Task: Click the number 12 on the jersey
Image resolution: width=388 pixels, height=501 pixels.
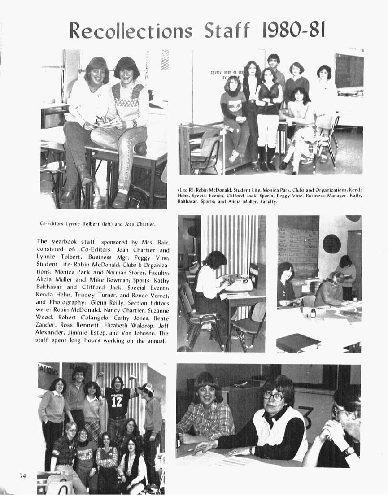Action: coord(117,401)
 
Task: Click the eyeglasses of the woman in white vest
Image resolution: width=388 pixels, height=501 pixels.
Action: coord(274,396)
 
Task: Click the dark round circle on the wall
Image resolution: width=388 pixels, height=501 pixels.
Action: coord(331,244)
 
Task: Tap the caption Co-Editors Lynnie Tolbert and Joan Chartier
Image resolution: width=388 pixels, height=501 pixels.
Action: coord(97,223)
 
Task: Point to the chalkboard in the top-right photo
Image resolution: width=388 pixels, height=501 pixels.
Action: coord(349,70)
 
